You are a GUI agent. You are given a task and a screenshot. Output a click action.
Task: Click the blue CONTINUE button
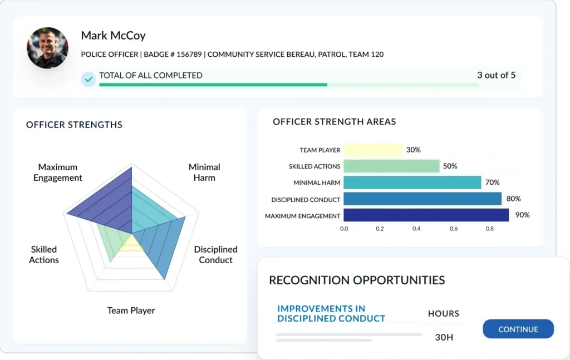click(518, 329)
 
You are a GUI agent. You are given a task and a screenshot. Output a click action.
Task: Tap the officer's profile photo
click(48, 48)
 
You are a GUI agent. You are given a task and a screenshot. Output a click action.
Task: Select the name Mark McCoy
click(113, 36)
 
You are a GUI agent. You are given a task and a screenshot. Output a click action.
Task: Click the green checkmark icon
click(88, 79)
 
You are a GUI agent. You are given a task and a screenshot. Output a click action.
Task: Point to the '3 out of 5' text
click(496, 75)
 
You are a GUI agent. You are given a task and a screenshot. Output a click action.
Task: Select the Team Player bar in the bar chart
click(374, 150)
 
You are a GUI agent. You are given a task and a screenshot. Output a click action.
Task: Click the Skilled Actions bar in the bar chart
click(391, 166)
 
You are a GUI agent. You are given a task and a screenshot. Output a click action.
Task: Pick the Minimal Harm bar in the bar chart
click(412, 183)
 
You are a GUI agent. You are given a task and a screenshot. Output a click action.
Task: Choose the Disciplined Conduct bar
click(422, 199)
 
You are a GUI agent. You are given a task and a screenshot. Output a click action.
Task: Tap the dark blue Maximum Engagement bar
click(426, 215)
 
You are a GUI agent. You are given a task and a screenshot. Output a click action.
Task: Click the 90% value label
click(522, 215)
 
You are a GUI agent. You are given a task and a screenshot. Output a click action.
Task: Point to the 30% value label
click(414, 150)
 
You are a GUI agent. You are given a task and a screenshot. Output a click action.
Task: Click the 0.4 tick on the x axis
click(416, 229)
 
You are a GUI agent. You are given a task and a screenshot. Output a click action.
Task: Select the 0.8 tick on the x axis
click(490, 229)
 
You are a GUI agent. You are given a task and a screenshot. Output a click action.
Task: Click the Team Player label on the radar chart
click(131, 310)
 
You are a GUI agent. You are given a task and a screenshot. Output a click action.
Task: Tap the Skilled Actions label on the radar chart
click(44, 255)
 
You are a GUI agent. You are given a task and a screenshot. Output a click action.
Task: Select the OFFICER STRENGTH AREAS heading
click(335, 122)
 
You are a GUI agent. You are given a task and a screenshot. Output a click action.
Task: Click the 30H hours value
click(444, 338)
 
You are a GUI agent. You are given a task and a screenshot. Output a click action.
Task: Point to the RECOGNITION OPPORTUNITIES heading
click(357, 280)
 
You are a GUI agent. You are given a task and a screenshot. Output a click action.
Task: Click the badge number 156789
click(189, 55)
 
